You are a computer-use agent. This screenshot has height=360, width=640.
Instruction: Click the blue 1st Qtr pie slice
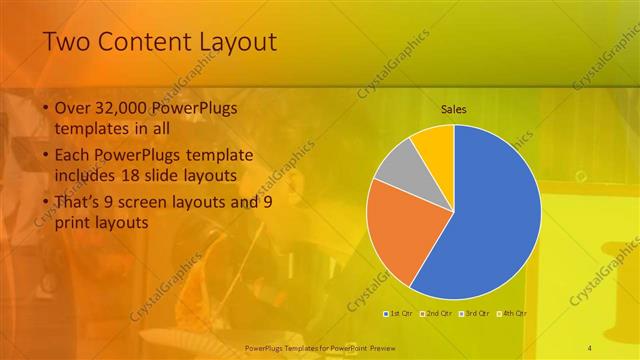point(490,215)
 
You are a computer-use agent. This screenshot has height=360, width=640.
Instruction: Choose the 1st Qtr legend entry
point(401,313)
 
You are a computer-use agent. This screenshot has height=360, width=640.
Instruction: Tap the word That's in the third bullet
point(78,204)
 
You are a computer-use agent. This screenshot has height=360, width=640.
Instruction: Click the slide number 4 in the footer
point(590,345)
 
